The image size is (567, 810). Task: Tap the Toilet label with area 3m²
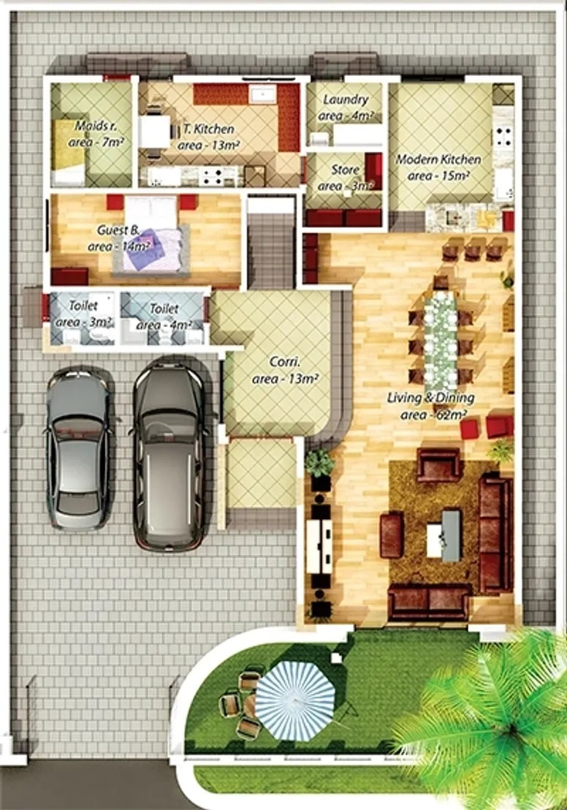pos(83,314)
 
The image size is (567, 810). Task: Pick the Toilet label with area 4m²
pos(164,317)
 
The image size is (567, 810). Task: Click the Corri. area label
pos(285,371)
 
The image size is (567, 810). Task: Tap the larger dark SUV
pos(170,455)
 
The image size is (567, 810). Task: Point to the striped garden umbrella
pos(295,701)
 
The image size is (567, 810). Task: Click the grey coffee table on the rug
pos(444,536)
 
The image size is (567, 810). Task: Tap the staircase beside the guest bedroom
pos(270,243)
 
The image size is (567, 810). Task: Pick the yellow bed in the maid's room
pos(69,152)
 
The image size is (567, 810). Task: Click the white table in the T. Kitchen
pos(154,132)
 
